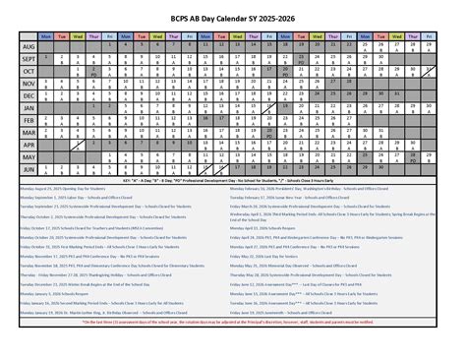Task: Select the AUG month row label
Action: (x=29, y=47)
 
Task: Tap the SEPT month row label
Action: (x=29, y=59)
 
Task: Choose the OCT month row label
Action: (x=29, y=72)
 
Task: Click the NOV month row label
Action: (x=29, y=85)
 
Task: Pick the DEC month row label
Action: (x=29, y=96)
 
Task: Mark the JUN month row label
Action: (x=29, y=169)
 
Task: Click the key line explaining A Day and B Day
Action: (x=233, y=183)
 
